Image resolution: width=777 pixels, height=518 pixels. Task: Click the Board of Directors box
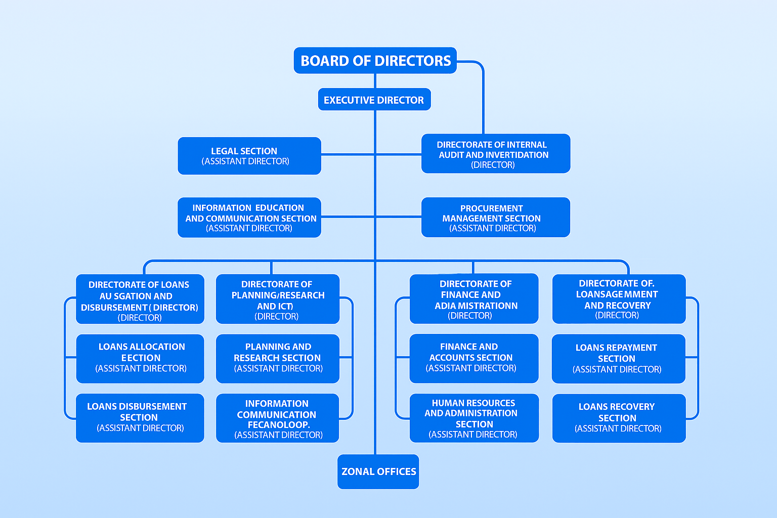point(375,61)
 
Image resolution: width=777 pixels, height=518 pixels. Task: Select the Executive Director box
point(374,100)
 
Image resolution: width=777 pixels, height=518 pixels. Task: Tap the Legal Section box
point(249,156)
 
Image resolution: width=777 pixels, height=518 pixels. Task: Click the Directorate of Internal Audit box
point(495,154)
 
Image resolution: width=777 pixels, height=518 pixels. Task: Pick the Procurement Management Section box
point(495,218)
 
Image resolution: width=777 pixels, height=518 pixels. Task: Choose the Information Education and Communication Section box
point(249,218)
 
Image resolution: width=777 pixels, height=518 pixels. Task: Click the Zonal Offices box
point(378,471)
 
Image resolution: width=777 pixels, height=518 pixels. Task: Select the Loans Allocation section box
point(140,358)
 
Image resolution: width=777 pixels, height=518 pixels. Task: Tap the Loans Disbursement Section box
point(140,418)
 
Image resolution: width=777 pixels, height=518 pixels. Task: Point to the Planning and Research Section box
point(277,358)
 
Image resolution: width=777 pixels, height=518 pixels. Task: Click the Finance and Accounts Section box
point(473,358)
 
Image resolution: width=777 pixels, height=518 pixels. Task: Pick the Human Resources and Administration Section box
point(473,418)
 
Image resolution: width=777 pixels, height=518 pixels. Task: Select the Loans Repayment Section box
point(618,359)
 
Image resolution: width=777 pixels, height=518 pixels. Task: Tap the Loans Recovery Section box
point(618,418)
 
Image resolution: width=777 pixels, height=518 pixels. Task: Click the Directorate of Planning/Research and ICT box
point(277,299)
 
